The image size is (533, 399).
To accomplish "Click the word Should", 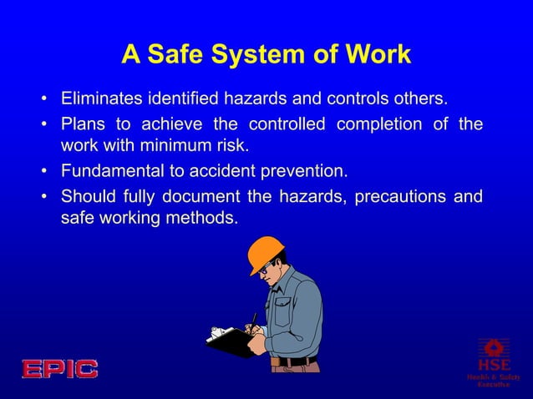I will coord(87,197).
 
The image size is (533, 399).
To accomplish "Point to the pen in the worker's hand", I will coord(253,322).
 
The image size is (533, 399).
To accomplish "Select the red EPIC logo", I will coord(59,368).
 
